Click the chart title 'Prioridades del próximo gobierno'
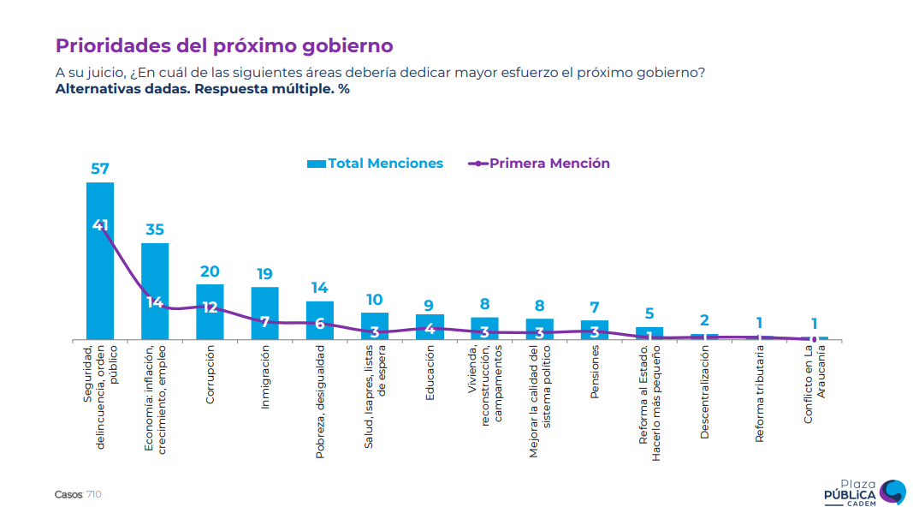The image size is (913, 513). click(x=224, y=45)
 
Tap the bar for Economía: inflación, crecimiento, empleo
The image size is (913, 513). click(x=155, y=291)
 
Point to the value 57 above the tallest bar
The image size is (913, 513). click(x=100, y=169)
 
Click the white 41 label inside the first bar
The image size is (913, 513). click(x=100, y=225)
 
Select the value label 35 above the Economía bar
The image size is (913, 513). click(x=155, y=230)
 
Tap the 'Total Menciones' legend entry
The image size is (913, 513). click(x=376, y=164)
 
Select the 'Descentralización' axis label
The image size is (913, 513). click(x=704, y=391)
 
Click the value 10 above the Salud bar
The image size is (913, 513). click(x=375, y=300)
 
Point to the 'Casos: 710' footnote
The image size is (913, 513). click(x=78, y=494)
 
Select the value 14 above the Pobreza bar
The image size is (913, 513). click(x=319, y=288)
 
